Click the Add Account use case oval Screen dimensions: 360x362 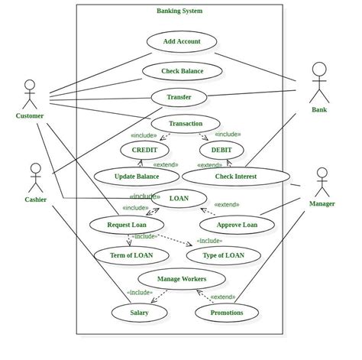(182, 41)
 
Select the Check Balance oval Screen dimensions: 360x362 (183, 71)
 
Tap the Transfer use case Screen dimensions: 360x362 (178, 97)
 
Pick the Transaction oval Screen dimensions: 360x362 (186, 123)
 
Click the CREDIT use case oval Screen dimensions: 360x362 (144, 150)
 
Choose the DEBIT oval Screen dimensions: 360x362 (221, 150)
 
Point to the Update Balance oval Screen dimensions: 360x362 (137, 177)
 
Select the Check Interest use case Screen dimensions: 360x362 (236, 177)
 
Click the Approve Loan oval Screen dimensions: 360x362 (237, 225)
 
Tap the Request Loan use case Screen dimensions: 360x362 (127, 225)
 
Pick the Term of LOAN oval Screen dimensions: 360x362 (131, 255)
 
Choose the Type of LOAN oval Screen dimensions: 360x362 (224, 255)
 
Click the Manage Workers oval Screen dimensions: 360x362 (182, 279)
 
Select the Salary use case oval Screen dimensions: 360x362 (139, 312)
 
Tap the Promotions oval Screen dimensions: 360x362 (226, 312)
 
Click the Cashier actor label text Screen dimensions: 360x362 (36, 199)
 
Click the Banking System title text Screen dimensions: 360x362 (179, 11)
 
